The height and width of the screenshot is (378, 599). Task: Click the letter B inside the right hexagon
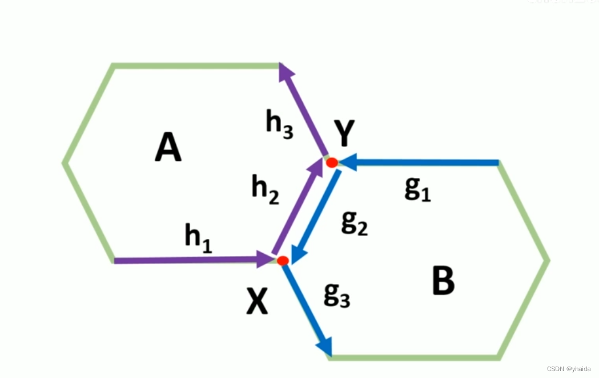[443, 282]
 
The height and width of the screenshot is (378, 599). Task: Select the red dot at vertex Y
[332, 162]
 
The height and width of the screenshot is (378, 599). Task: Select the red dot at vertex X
[283, 260]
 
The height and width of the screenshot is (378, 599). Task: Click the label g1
[417, 190]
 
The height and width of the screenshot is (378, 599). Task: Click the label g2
[354, 223]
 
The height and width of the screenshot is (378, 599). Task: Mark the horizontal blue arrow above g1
[423, 163]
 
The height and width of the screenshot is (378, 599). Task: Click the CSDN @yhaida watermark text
[568, 369]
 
